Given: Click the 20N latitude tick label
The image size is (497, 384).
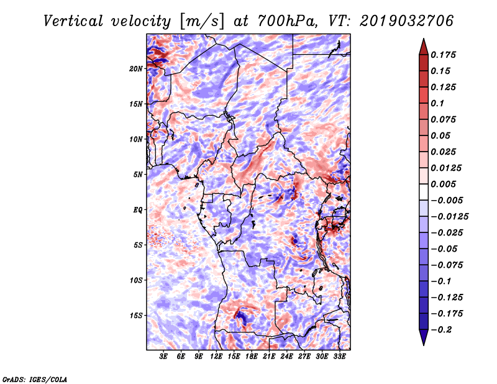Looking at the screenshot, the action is click(x=136, y=69).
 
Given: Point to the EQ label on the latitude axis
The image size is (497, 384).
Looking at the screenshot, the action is click(x=138, y=210).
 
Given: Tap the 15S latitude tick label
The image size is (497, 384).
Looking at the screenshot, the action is click(x=136, y=316).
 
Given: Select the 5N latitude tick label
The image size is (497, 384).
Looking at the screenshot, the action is click(x=138, y=175).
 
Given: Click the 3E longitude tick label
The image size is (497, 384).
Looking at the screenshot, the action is click(x=163, y=357).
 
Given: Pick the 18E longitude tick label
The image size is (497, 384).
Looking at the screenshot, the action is click(x=252, y=357).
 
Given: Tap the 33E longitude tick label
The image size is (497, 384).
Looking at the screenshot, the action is click(x=339, y=357).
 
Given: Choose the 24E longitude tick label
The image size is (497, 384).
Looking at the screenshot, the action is click(x=286, y=357).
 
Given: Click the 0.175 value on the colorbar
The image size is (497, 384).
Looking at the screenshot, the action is click(x=443, y=55).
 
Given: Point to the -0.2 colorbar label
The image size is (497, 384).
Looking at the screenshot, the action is click(x=441, y=330).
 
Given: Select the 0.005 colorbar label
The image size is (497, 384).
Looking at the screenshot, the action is click(x=443, y=184).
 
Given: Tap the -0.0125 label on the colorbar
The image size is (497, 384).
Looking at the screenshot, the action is click(x=449, y=217).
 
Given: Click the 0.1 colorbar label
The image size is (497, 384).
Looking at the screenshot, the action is click(x=437, y=103).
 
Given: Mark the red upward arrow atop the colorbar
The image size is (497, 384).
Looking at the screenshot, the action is click(x=424, y=47).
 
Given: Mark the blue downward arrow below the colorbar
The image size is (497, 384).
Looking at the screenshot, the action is click(x=424, y=337).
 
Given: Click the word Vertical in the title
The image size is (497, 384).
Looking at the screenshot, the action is click(x=73, y=21).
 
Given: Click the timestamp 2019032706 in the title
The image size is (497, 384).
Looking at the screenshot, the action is click(x=407, y=21).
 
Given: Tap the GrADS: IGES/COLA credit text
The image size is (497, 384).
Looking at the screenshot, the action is click(x=35, y=379).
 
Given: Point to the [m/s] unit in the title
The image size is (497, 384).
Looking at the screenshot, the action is click(x=202, y=22).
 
